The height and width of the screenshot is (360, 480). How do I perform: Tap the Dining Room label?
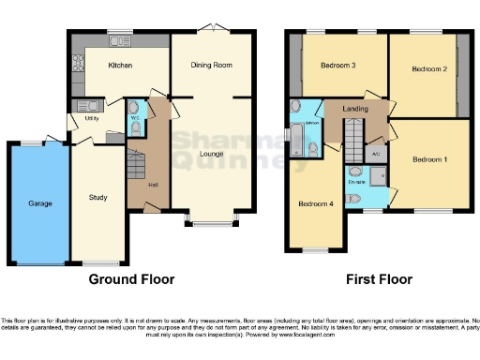[212, 65]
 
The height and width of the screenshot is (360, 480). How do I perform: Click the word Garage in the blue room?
[39, 202]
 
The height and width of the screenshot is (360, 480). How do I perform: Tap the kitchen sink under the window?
[120, 41]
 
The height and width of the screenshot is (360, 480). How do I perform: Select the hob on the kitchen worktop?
[77, 64]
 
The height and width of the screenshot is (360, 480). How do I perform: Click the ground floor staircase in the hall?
[137, 167]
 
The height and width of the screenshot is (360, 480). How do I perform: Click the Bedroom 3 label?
[337, 65]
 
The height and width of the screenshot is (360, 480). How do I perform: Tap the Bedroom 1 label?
[431, 159]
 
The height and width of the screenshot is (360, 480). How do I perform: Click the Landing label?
[353, 109]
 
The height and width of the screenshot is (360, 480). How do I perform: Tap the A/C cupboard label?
[375, 154]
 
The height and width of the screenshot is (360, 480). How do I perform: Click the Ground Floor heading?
[131, 279]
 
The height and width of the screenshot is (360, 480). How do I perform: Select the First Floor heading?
[380, 279]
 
